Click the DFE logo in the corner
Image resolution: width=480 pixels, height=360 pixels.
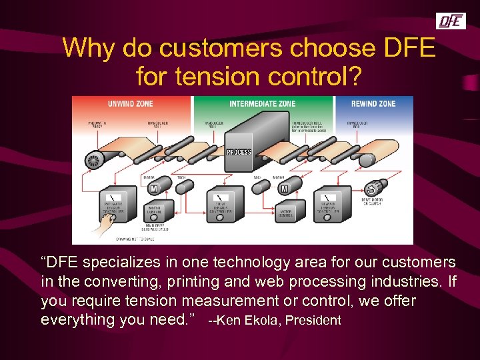[451, 21]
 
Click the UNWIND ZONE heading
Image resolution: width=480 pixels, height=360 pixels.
[131, 104]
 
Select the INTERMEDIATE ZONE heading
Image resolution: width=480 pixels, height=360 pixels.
[263, 104]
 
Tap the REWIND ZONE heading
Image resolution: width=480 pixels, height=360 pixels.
[374, 104]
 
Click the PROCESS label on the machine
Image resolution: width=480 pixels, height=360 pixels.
[239, 152]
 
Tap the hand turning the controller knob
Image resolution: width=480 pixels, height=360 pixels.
[100, 229]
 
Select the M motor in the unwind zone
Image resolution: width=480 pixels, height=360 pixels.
[153, 189]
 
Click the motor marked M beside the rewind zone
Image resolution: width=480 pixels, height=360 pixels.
[285, 189]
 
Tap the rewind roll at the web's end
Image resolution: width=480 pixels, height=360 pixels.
[366, 161]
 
